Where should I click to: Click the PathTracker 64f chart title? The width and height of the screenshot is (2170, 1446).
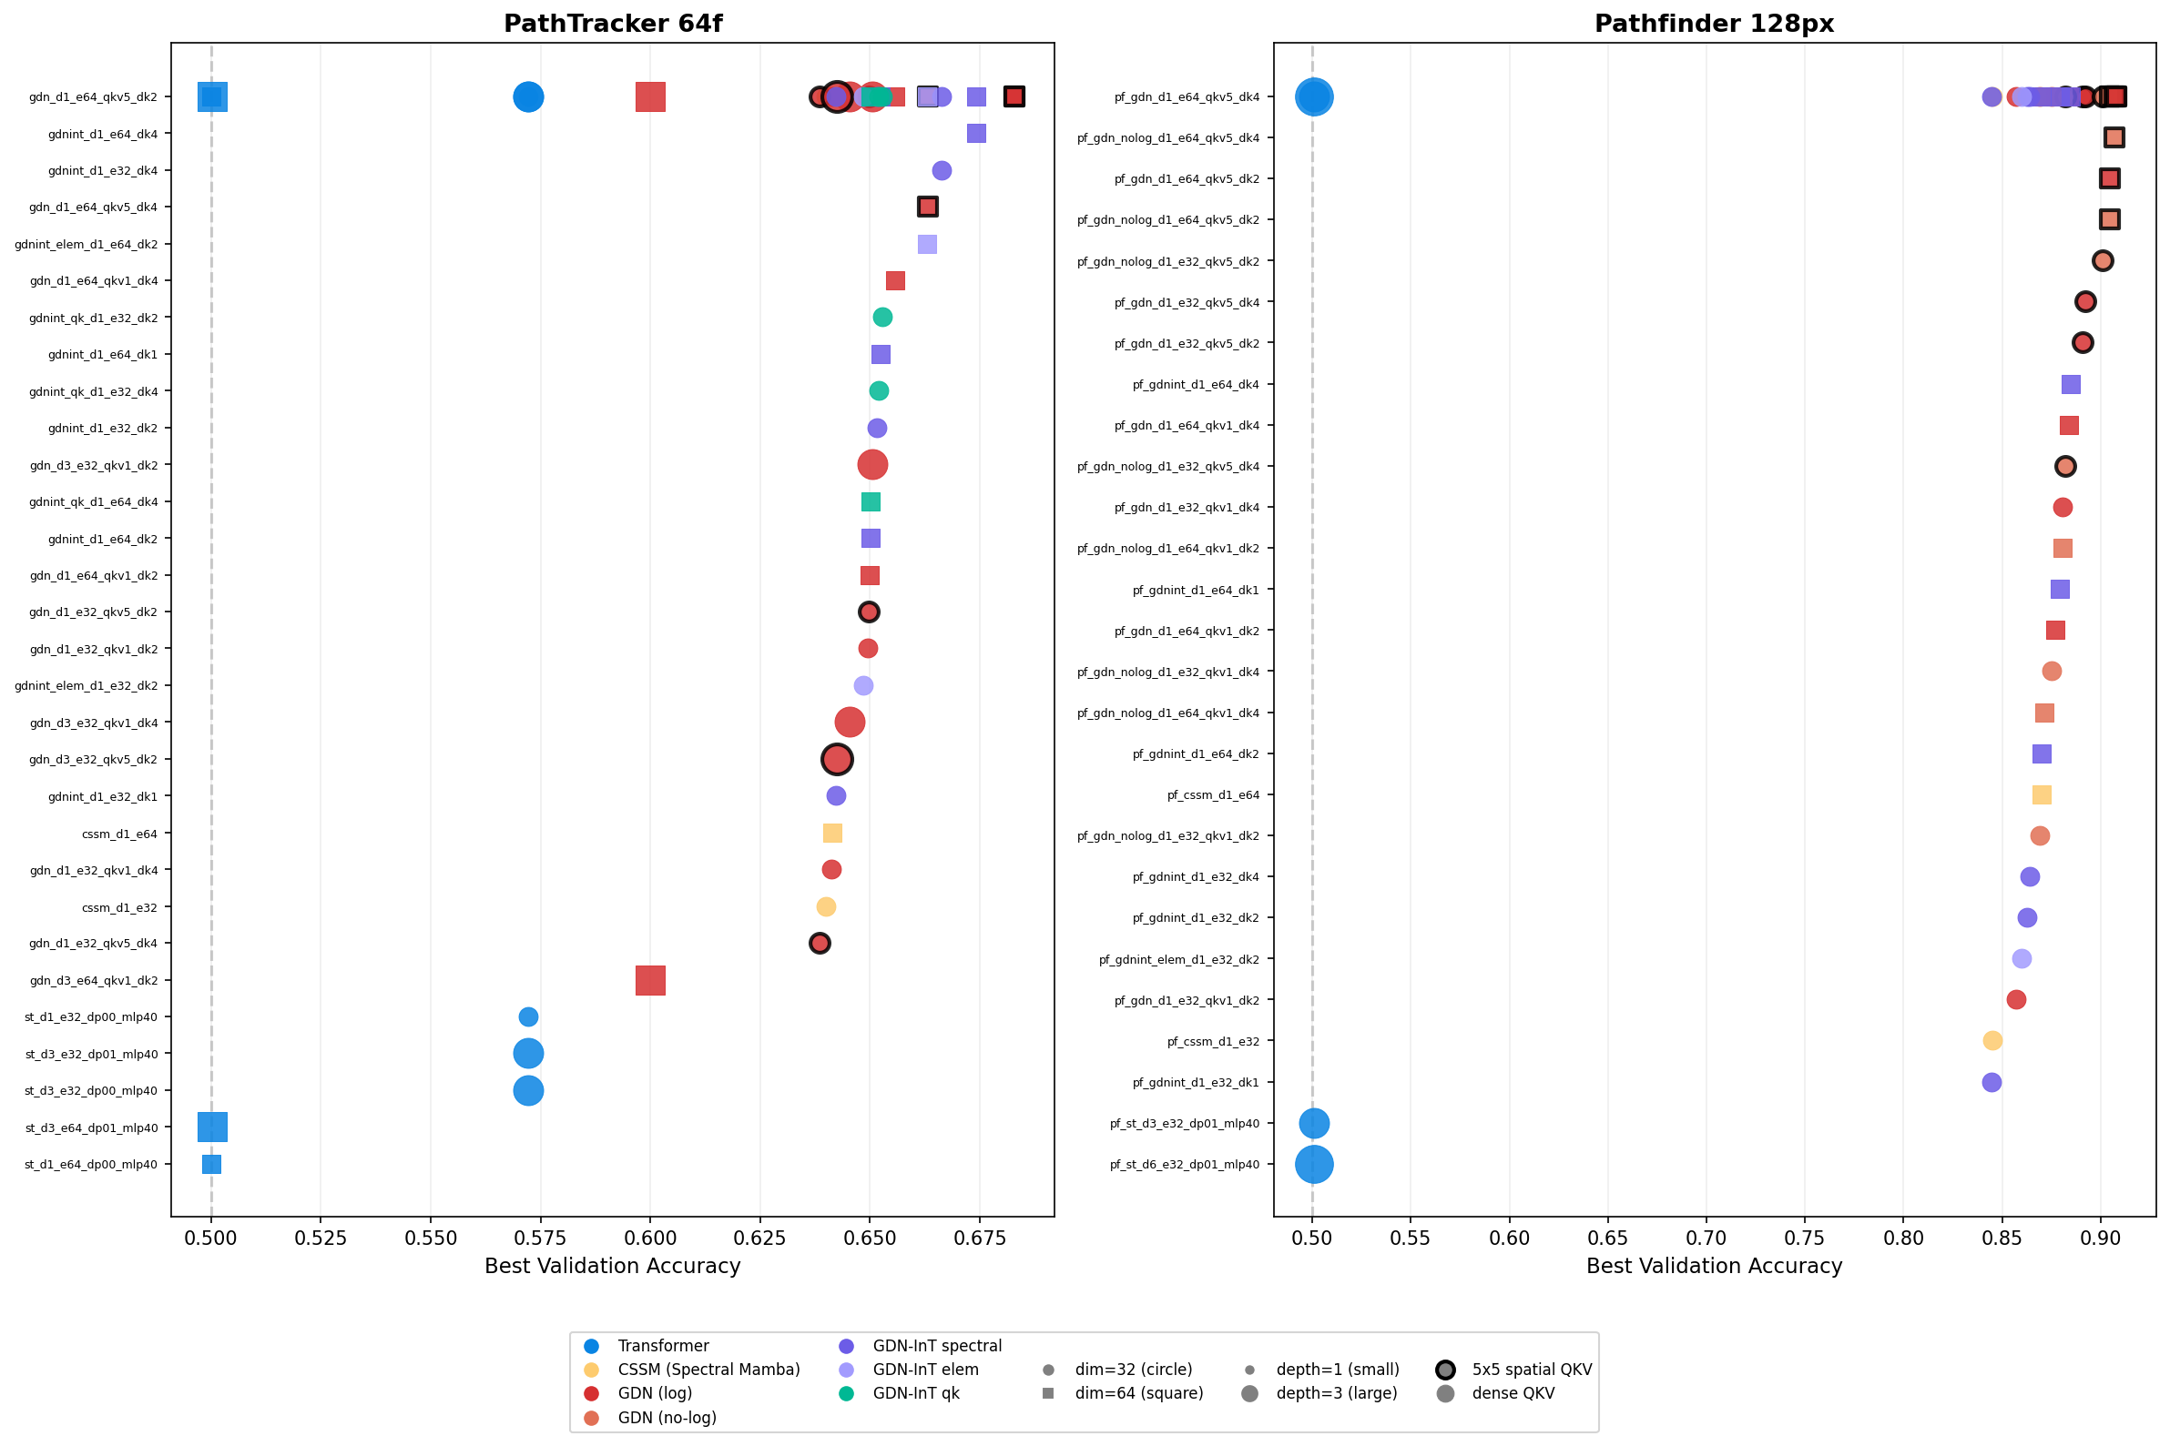(x=613, y=24)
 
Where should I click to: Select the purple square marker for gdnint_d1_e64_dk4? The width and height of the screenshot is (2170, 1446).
(x=976, y=134)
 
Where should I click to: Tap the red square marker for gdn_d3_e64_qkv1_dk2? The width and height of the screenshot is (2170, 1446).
(x=650, y=980)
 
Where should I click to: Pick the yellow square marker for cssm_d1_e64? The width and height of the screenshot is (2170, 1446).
(x=832, y=834)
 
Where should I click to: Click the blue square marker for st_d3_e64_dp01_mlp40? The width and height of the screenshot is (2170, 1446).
(x=212, y=1127)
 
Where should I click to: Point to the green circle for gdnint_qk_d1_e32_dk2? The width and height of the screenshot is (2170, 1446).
(x=882, y=318)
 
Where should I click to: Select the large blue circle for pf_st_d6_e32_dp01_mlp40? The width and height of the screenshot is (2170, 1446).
(x=1314, y=1164)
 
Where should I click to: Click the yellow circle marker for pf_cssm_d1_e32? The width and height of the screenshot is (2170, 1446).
(x=1992, y=1040)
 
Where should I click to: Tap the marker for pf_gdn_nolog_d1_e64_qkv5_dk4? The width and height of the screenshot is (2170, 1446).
(x=2114, y=137)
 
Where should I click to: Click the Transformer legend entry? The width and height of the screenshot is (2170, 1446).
(x=662, y=1347)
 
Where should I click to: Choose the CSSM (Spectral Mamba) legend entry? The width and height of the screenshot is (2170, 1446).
(x=708, y=1370)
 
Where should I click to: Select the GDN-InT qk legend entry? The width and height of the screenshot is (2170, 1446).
(x=915, y=1393)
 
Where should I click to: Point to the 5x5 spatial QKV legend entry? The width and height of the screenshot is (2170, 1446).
(x=1532, y=1370)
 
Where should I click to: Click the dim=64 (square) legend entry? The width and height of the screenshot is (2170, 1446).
(x=1138, y=1393)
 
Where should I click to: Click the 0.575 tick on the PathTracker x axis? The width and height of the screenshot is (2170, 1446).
(x=540, y=1238)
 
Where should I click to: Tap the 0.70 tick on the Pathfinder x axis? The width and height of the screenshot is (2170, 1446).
(x=1706, y=1238)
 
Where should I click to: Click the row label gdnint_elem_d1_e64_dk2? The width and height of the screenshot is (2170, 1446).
(x=87, y=245)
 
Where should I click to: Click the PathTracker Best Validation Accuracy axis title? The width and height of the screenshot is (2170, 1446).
(x=613, y=1266)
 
